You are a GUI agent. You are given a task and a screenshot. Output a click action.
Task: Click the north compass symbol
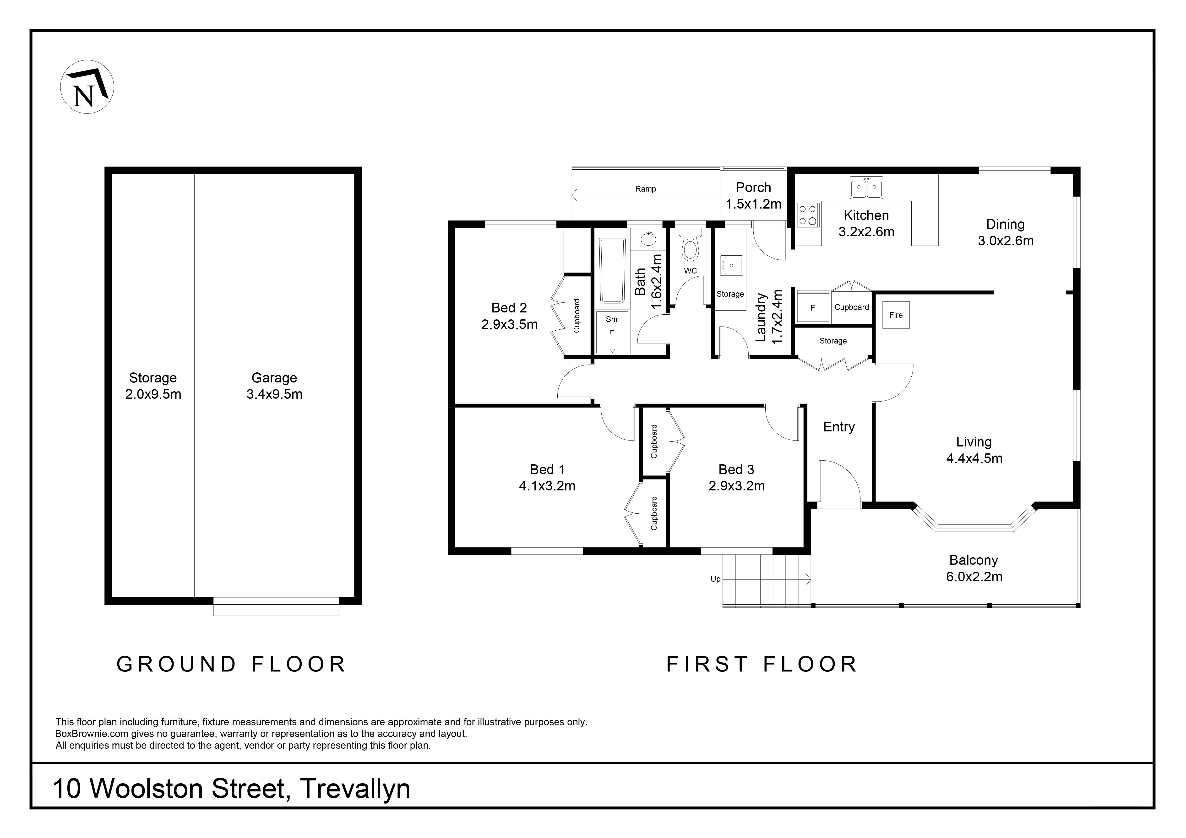point(87,87)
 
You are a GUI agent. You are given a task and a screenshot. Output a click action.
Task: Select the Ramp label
point(646,189)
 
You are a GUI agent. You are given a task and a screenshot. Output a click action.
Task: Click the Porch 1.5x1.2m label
point(754,196)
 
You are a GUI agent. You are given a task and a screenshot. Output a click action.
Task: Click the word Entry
point(839,427)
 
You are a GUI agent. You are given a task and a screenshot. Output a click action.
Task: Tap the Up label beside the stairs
point(715,579)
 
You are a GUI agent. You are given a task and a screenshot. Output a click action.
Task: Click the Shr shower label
point(612,320)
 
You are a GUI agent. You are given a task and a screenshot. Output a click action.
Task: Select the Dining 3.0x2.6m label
point(1006,232)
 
